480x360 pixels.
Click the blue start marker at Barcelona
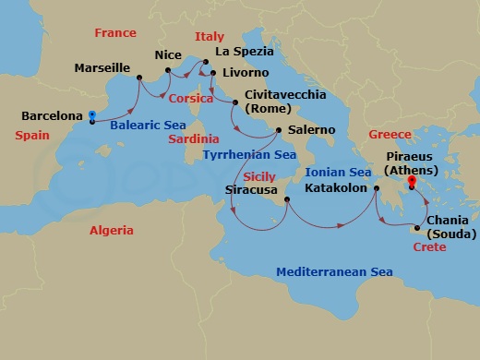[92, 117]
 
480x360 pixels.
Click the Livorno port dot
[213, 73]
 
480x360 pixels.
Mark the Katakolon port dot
[377, 189]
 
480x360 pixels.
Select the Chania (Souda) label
[453, 228]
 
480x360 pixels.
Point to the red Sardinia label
[194, 138]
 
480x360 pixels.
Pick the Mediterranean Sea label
[335, 272]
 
